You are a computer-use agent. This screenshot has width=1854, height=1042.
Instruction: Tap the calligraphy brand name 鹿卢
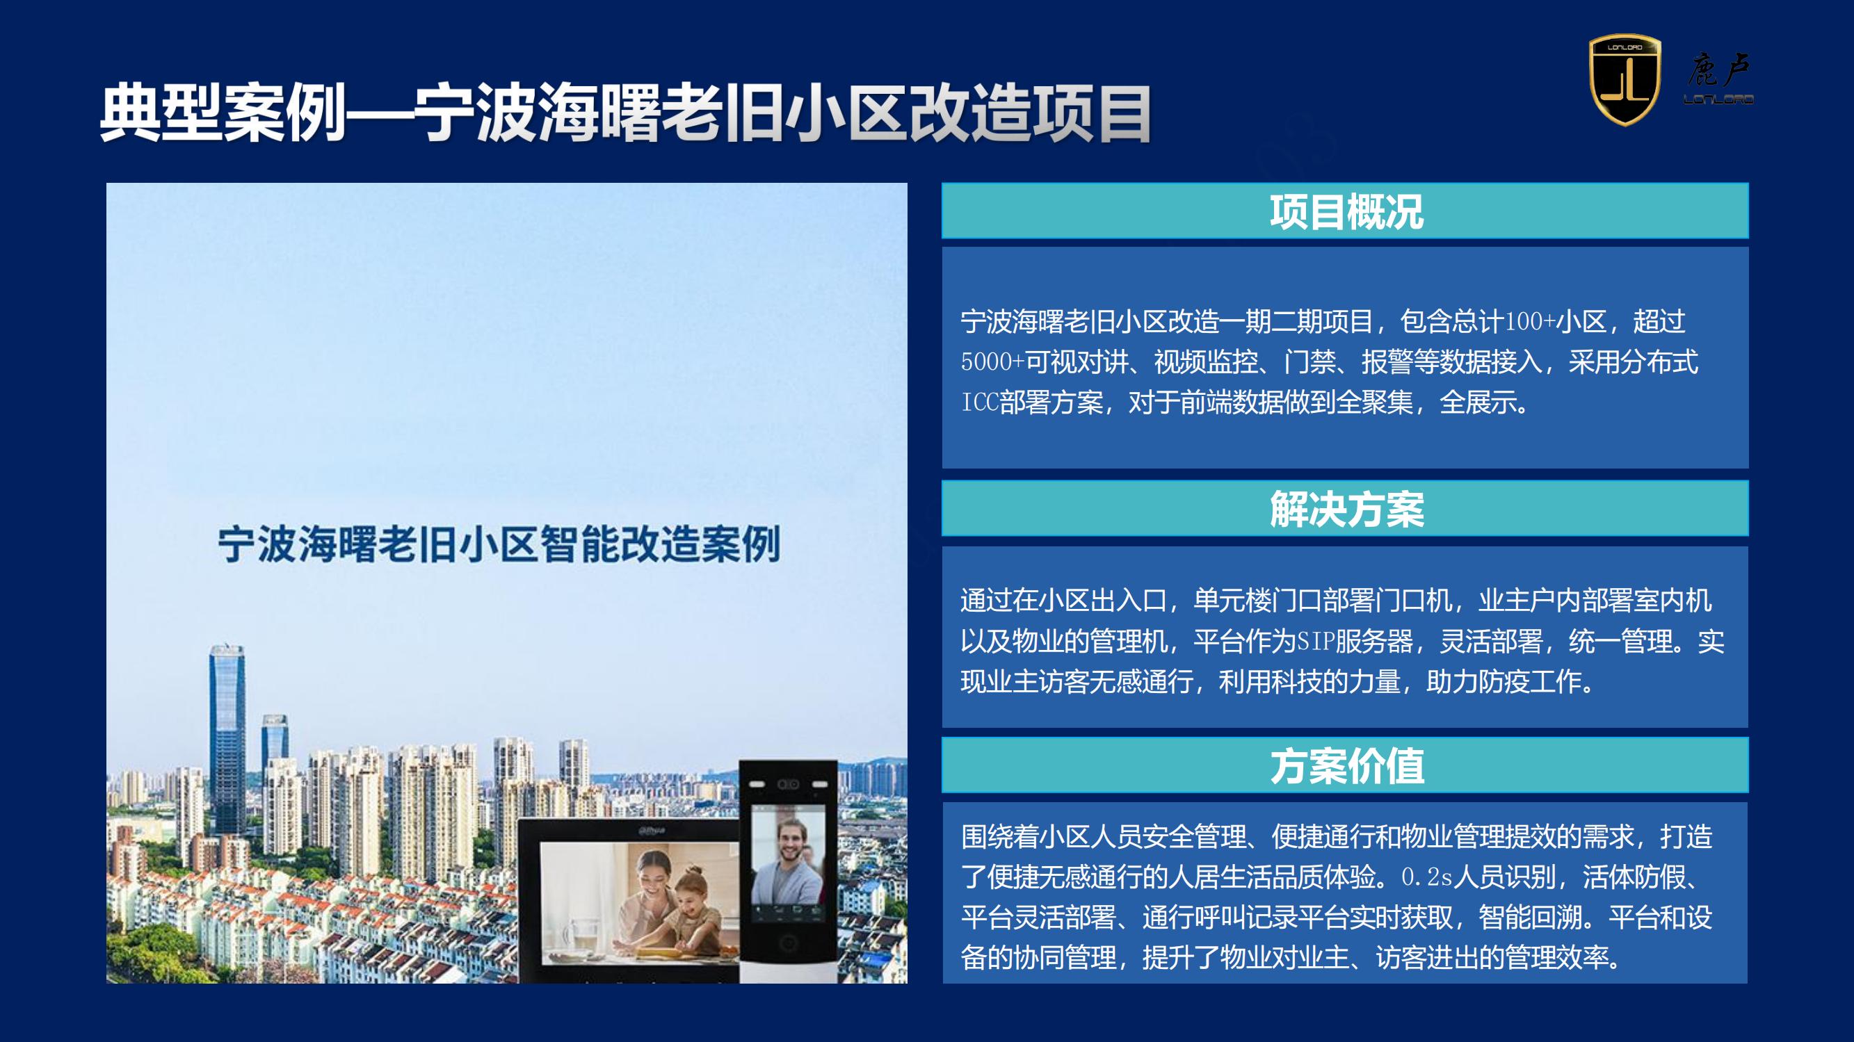(1718, 70)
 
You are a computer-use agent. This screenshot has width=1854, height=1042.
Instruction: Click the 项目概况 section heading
(1346, 211)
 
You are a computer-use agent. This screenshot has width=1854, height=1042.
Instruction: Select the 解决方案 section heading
(1346, 509)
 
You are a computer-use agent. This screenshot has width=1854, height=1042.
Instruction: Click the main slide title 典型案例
(223, 115)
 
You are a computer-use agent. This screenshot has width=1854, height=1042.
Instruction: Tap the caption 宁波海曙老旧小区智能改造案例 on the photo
(499, 544)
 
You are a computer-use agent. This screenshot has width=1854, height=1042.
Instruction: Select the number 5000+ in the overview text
(992, 362)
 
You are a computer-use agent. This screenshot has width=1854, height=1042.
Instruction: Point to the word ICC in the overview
(981, 402)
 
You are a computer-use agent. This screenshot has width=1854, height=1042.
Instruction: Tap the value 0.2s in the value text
(1427, 877)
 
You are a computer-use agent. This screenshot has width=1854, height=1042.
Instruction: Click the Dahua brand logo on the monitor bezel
(652, 830)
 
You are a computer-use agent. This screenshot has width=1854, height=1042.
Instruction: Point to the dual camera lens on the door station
(789, 783)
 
